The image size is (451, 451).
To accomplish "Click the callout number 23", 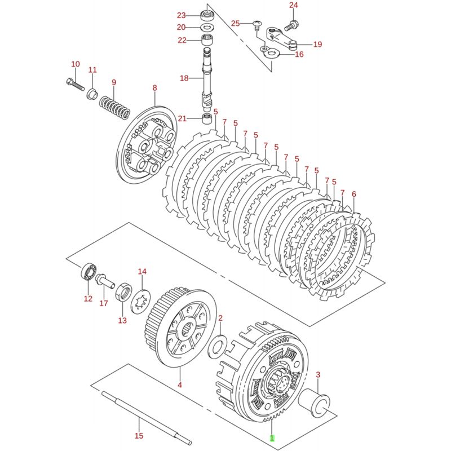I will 181,15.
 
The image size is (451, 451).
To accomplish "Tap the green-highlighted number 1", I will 272,437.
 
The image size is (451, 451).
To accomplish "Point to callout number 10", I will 76,64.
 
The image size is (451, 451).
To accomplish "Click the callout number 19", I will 317,45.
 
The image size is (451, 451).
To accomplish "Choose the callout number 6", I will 353,194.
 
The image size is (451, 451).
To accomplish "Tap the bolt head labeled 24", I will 293,24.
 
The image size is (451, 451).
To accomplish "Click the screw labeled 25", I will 257,24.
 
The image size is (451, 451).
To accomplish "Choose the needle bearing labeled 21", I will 208,118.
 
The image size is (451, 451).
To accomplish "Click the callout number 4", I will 180,385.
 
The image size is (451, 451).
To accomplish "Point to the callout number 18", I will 184,78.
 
